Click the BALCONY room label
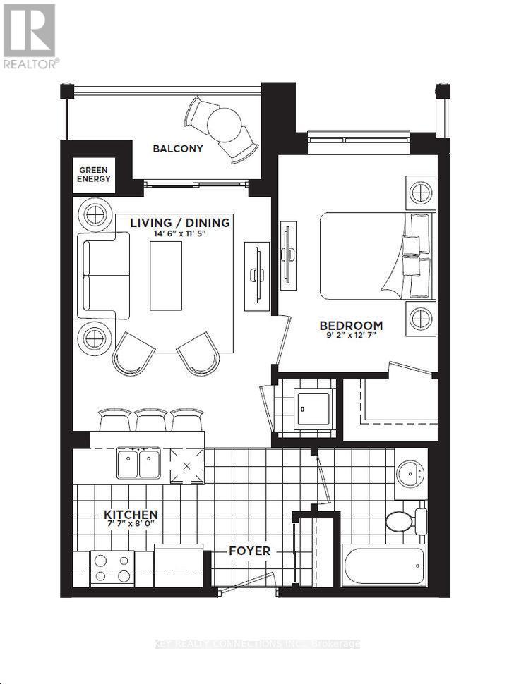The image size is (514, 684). (x=178, y=149)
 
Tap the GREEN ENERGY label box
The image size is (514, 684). (x=93, y=174)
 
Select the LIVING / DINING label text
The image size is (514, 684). (x=179, y=223)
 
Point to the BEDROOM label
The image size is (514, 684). (x=351, y=326)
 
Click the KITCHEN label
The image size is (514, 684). (x=131, y=515)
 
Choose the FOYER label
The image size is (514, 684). (x=249, y=551)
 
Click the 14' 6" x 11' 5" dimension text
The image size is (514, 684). (x=179, y=235)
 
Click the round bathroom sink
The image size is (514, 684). (x=409, y=475)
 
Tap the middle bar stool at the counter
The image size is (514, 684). (x=151, y=420)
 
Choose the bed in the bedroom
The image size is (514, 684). (x=374, y=256)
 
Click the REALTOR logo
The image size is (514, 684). (x=30, y=35)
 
